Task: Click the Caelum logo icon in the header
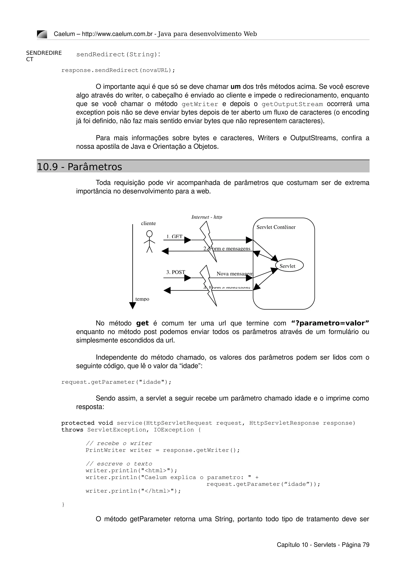point(42,34)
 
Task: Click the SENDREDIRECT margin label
point(44,56)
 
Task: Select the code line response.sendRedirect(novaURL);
point(118,70)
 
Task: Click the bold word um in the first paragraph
point(235,87)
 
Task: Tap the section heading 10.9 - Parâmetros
point(79,167)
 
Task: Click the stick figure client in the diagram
point(149,242)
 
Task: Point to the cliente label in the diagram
point(148,223)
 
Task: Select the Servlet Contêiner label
point(276,227)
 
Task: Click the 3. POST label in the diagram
point(176,272)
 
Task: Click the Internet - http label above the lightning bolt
point(207,217)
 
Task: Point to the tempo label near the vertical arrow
point(142,299)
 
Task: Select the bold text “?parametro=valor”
point(330,323)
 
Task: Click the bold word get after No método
point(142,323)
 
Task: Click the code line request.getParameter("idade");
point(116,382)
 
